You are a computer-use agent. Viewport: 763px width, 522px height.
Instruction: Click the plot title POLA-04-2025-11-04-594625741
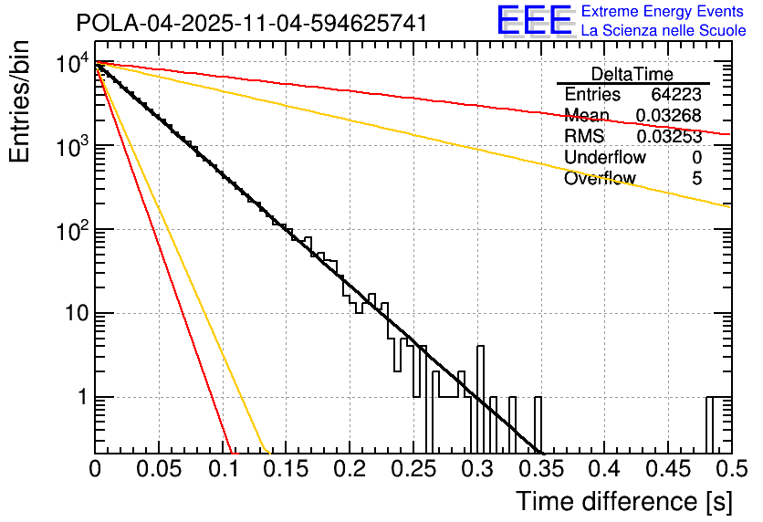click(x=252, y=23)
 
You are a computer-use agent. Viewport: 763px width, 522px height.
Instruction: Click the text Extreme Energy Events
click(x=664, y=12)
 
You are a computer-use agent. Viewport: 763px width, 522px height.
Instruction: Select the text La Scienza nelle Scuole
click(x=664, y=31)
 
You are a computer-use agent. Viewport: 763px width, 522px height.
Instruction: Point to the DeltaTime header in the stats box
click(x=632, y=74)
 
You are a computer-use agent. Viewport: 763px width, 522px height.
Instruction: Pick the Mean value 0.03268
click(x=668, y=116)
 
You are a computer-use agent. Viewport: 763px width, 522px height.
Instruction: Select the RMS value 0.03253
click(x=668, y=137)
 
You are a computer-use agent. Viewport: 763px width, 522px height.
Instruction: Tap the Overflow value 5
click(x=696, y=179)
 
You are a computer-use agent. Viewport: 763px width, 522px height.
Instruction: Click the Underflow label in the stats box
click(x=605, y=158)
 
